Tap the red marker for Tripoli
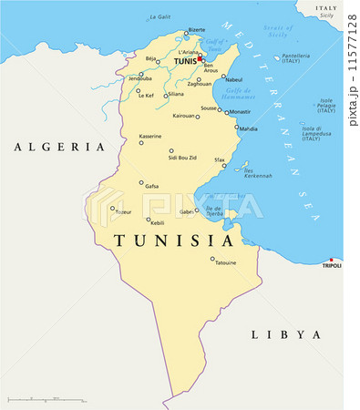(x=332, y=259)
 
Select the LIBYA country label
(x=286, y=334)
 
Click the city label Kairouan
(x=183, y=116)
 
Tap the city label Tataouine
(x=224, y=263)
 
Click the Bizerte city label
(x=196, y=29)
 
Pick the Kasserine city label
(x=150, y=136)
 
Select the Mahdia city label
(x=248, y=129)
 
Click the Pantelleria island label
(x=297, y=56)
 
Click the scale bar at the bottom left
(x=45, y=399)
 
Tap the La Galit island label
(x=159, y=16)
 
